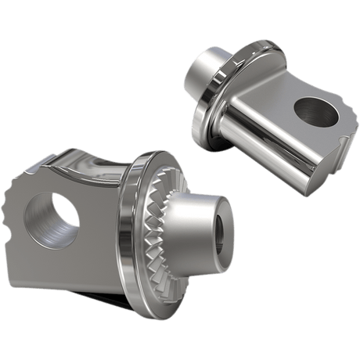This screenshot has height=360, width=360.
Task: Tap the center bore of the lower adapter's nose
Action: (221, 232)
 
